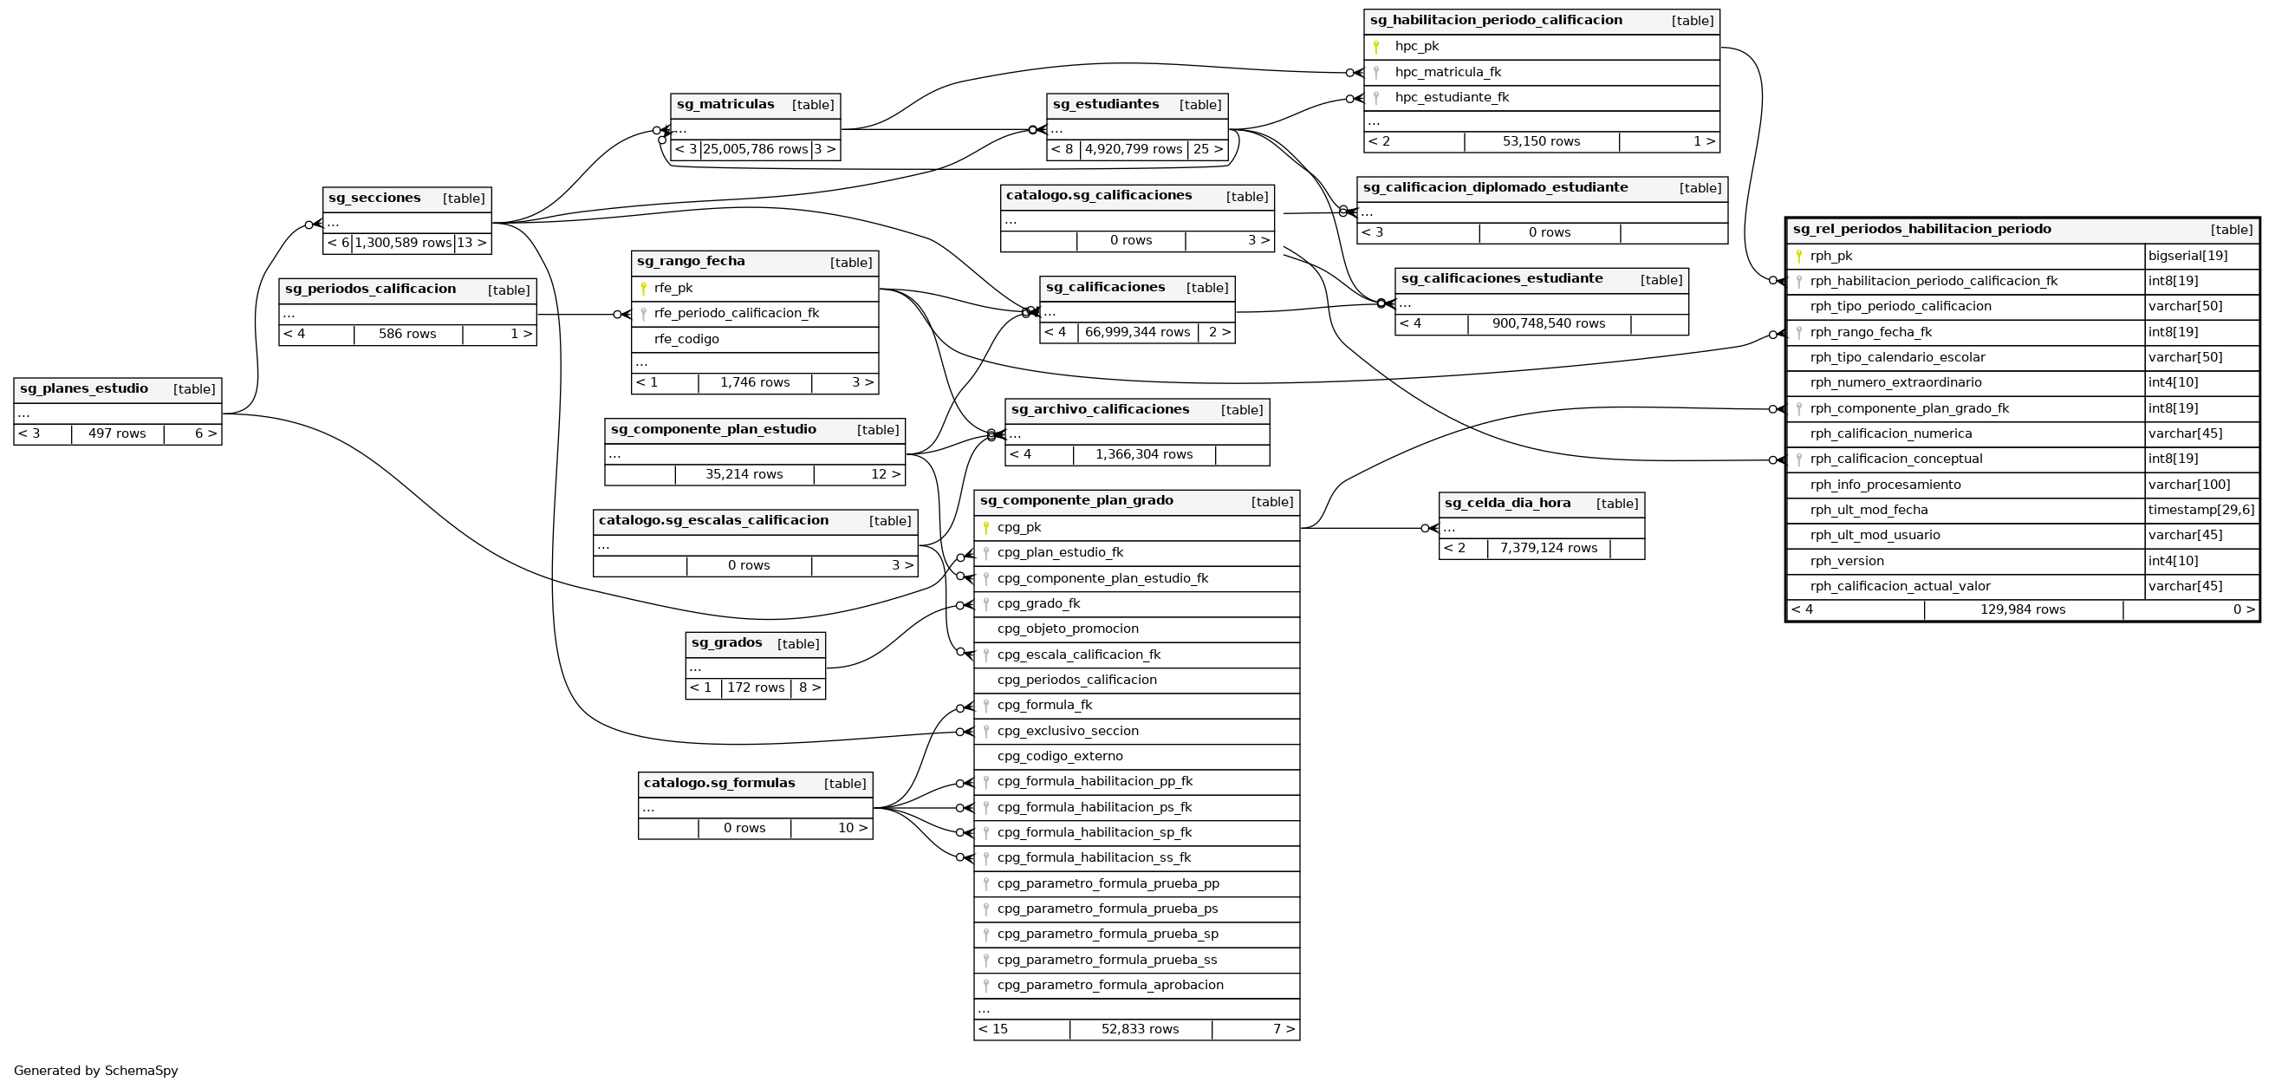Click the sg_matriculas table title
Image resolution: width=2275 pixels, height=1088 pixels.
[725, 105]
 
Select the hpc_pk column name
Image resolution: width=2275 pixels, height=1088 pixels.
[1417, 47]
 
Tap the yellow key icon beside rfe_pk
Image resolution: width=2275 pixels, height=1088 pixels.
[643, 289]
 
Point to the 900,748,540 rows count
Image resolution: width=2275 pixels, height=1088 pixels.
[1548, 324]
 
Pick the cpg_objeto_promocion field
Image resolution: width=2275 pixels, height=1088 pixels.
[1068, 629]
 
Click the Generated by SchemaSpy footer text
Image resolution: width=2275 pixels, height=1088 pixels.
[95, 1072]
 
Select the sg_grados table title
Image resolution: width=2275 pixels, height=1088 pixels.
[726, 643]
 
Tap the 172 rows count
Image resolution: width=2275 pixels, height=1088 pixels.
[755, 688]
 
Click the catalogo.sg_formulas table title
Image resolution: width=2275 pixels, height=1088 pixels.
[718, 784]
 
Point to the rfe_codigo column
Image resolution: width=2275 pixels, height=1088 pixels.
[686, 339]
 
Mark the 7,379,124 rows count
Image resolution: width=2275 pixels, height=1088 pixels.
[1548, 549]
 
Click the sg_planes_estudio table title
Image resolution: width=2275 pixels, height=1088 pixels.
[84, 388]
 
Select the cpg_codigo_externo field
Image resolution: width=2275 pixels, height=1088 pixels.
[1060, 757]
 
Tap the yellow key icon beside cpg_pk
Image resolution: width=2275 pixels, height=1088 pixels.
[985, 528]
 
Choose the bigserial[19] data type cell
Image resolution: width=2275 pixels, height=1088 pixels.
[2187, 256]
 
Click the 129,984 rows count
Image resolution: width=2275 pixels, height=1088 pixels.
[2023, 610]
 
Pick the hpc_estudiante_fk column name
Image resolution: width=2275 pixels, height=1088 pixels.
[1452, 98]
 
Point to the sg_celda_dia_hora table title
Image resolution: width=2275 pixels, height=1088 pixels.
[1507, 504]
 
